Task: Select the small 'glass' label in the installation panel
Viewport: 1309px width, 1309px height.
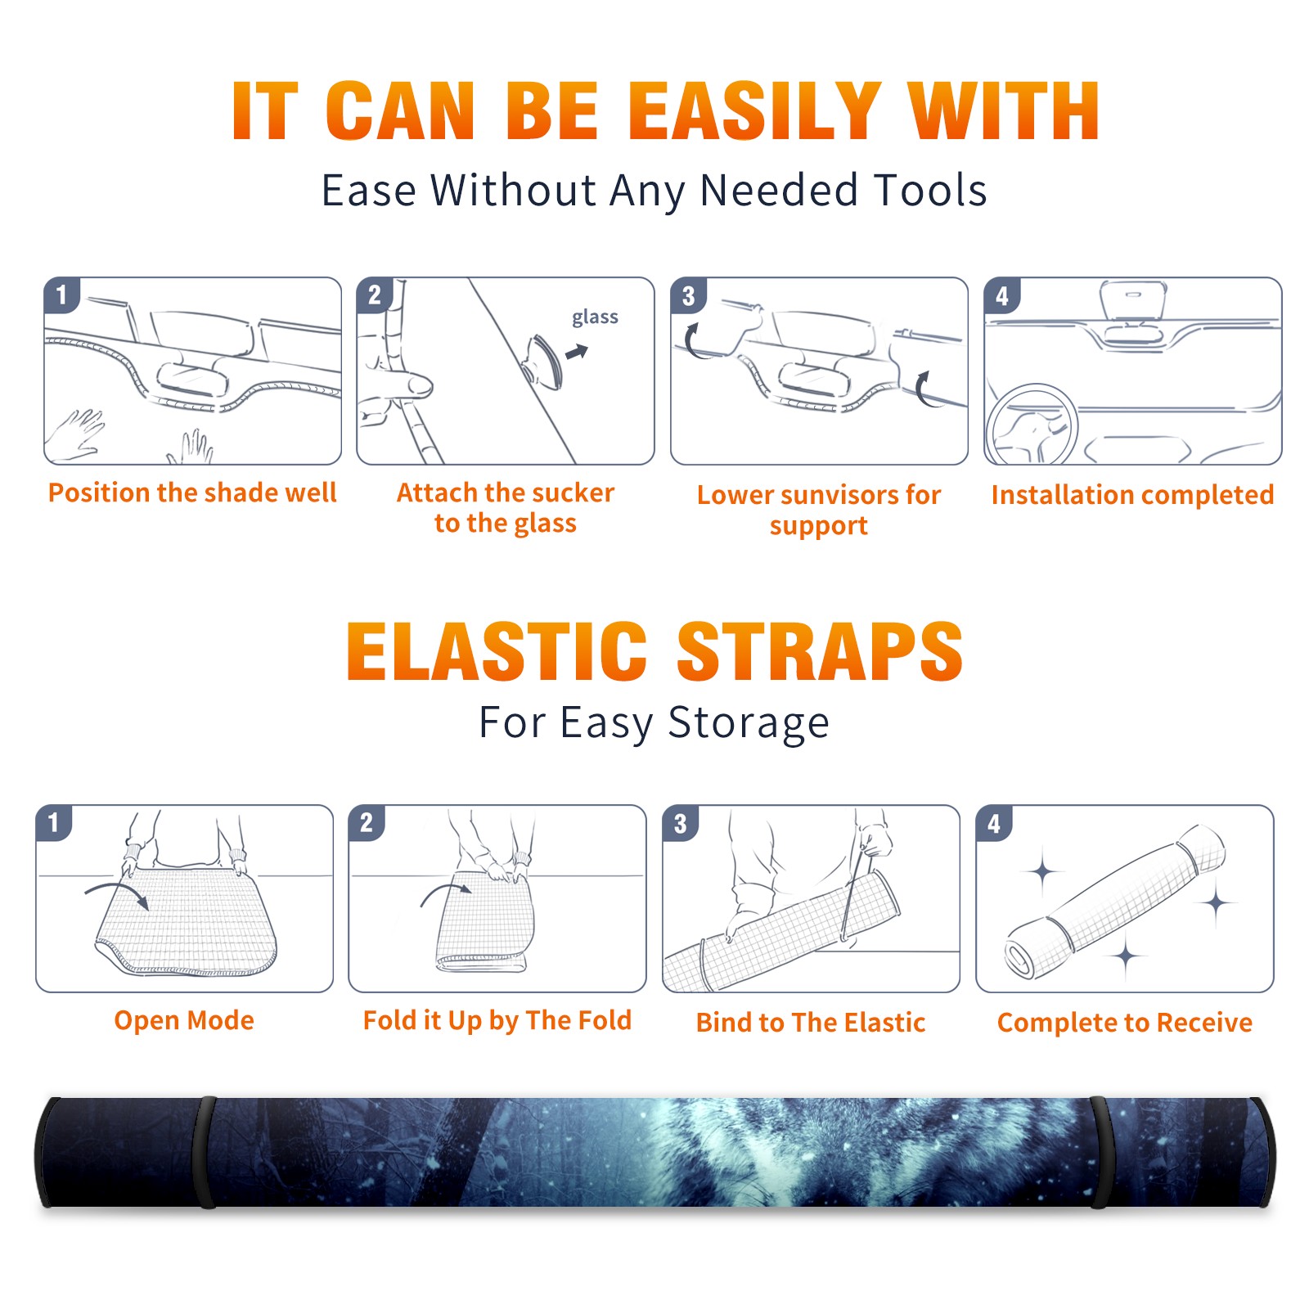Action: (595, 317)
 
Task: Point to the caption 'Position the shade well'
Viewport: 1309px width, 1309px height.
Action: (192, 493)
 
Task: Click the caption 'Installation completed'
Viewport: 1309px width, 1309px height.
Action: (1132, 495)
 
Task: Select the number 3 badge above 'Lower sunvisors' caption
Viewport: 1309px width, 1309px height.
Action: (688, 295)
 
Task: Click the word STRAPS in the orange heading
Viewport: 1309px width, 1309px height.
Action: (820, 651)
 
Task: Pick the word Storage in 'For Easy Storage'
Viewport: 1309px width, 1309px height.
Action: (749, 723)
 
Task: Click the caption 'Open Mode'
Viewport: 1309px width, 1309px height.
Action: (184, 1020)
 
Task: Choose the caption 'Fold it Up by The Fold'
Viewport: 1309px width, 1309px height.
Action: (497, 1020)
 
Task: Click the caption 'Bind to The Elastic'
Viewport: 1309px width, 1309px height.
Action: (811, 1023)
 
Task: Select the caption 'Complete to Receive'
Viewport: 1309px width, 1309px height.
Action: (1125, 1023)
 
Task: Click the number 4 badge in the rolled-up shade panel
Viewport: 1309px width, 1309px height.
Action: (994, 823)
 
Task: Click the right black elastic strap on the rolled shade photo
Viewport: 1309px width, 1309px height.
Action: (1100, 1152)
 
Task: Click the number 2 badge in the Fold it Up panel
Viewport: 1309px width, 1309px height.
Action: (367, 822)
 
